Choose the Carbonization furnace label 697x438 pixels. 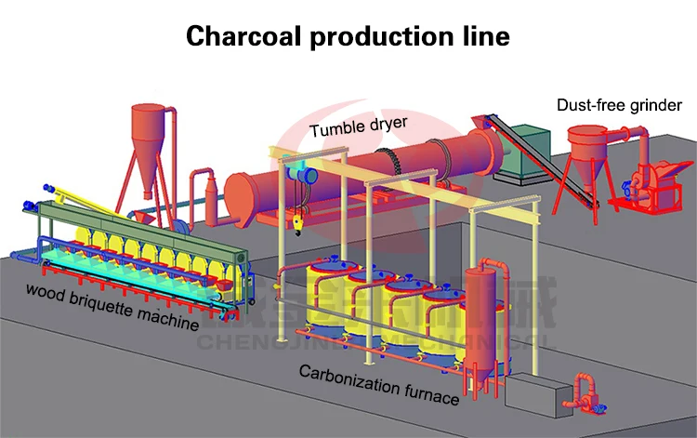coord(378,384)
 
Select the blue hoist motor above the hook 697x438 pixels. coord(301,170)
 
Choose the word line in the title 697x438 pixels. coord(484,36)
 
